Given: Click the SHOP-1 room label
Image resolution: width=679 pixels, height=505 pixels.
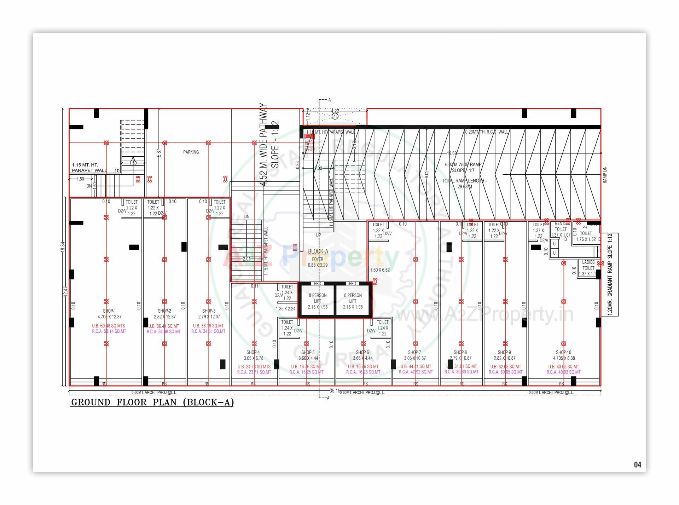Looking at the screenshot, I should coord(109,311).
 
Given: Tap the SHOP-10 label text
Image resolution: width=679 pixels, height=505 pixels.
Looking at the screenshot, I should coord(563,352).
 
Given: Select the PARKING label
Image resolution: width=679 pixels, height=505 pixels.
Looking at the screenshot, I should coord(191,152).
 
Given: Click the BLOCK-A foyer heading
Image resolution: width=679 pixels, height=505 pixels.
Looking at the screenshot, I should coord(318,251).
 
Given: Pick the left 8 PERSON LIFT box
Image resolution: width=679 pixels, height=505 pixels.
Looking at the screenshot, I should coord(318,301).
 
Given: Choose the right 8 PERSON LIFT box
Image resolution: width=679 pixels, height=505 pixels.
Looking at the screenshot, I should coord(353,301).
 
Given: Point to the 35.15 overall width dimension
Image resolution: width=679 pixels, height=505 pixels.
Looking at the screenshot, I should coord(335,391).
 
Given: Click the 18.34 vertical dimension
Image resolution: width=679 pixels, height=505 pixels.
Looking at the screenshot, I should coord(63,246).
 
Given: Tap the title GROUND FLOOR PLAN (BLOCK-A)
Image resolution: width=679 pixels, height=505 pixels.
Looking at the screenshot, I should coord(152,402).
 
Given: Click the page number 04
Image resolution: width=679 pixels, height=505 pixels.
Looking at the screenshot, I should coord(637,465).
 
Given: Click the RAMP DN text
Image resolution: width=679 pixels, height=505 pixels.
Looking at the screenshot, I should coord(605,175).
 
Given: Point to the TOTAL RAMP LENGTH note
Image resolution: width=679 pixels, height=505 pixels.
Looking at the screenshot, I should coord(464,184).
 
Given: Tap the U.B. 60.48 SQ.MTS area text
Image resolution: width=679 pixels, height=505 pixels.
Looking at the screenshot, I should coord(109,326).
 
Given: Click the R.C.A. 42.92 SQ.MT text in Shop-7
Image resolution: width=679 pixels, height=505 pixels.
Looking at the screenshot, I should coord(416,372).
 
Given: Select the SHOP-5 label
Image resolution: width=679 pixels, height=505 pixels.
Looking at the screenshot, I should coord(308,352).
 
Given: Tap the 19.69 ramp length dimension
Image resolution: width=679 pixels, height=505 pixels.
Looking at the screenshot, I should coord(452,153).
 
